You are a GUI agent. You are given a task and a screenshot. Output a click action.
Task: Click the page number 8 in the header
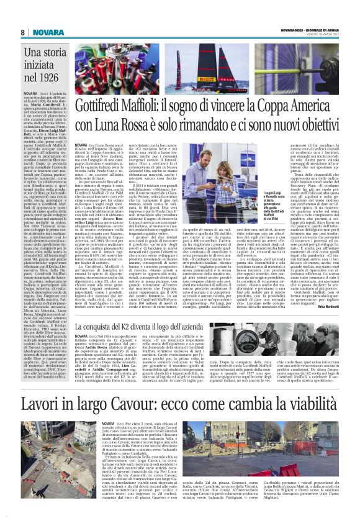click(x=23, y=32)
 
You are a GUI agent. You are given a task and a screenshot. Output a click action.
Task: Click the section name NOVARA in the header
click(x=43, y=32)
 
